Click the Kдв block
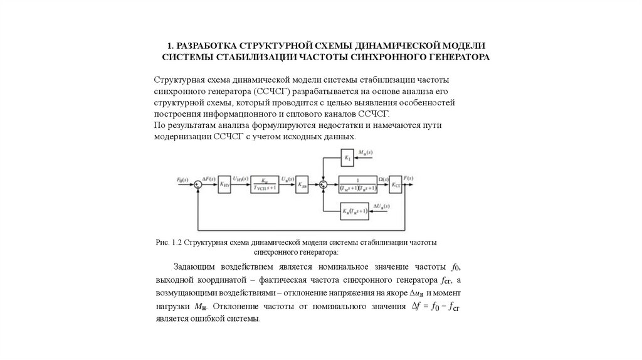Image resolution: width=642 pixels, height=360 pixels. tap(303, 184)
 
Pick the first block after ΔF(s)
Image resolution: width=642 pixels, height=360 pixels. tap(224, 184)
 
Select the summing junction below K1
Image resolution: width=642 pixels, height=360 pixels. tap(323, 184)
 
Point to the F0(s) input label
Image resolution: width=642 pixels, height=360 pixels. tap(182, 179)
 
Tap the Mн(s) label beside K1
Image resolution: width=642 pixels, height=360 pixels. tap(366, 152)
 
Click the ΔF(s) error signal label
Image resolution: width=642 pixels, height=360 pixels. tap(210, 178)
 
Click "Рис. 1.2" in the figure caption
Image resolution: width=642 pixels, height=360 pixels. tap(170, 241)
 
